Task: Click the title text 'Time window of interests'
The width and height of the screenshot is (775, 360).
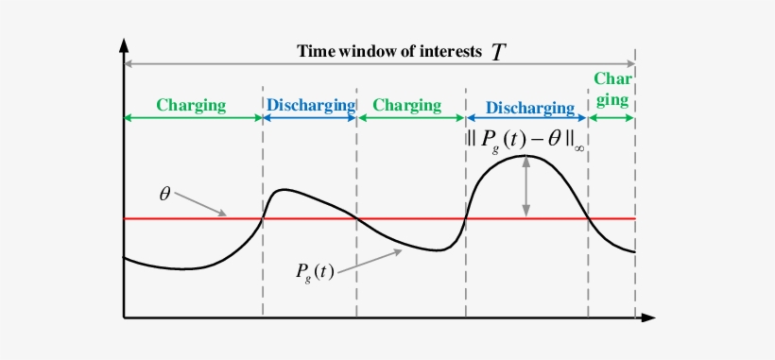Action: pyautogui.click(x=388, y=51)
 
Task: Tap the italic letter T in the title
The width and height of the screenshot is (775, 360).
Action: pyautogui.click(x=497, y=52)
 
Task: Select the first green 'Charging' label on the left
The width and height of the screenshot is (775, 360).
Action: pyautogui.click(x=192, y=105)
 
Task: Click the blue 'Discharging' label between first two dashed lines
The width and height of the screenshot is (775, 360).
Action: pyautogui.click(x=310, y=105)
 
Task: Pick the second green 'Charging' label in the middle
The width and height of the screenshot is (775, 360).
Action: pyautogui.click(x=406, y=105)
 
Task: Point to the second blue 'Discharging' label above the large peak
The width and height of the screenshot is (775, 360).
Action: pyautogui.click(x=526, y=109)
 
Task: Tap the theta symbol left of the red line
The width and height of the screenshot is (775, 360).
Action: pyautogui.click(x=164, y=195)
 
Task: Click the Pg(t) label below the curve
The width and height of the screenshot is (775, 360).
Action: pyautogui.click(x=313, y=272)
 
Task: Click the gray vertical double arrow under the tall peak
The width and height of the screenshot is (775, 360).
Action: pyautogui.click(x=527, y=187)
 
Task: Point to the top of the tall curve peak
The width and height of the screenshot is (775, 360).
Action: pyautogui.click(x=525, y=155)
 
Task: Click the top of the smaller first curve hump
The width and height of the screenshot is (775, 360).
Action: pyautogui.click(x=282, y=191)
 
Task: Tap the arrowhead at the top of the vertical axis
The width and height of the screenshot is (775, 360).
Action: pyautogui.click(x=124, y=46)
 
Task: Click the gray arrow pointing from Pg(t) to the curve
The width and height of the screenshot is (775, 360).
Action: pyautogui.click(x=370, y=260)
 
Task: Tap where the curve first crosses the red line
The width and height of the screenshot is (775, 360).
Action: pyautogui.click(x=262, y=218)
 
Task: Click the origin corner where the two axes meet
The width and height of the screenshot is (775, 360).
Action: pyautogui.click(x=124, y=317)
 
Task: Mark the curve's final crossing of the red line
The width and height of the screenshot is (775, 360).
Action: pyautogui.click(x=589, y=218)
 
